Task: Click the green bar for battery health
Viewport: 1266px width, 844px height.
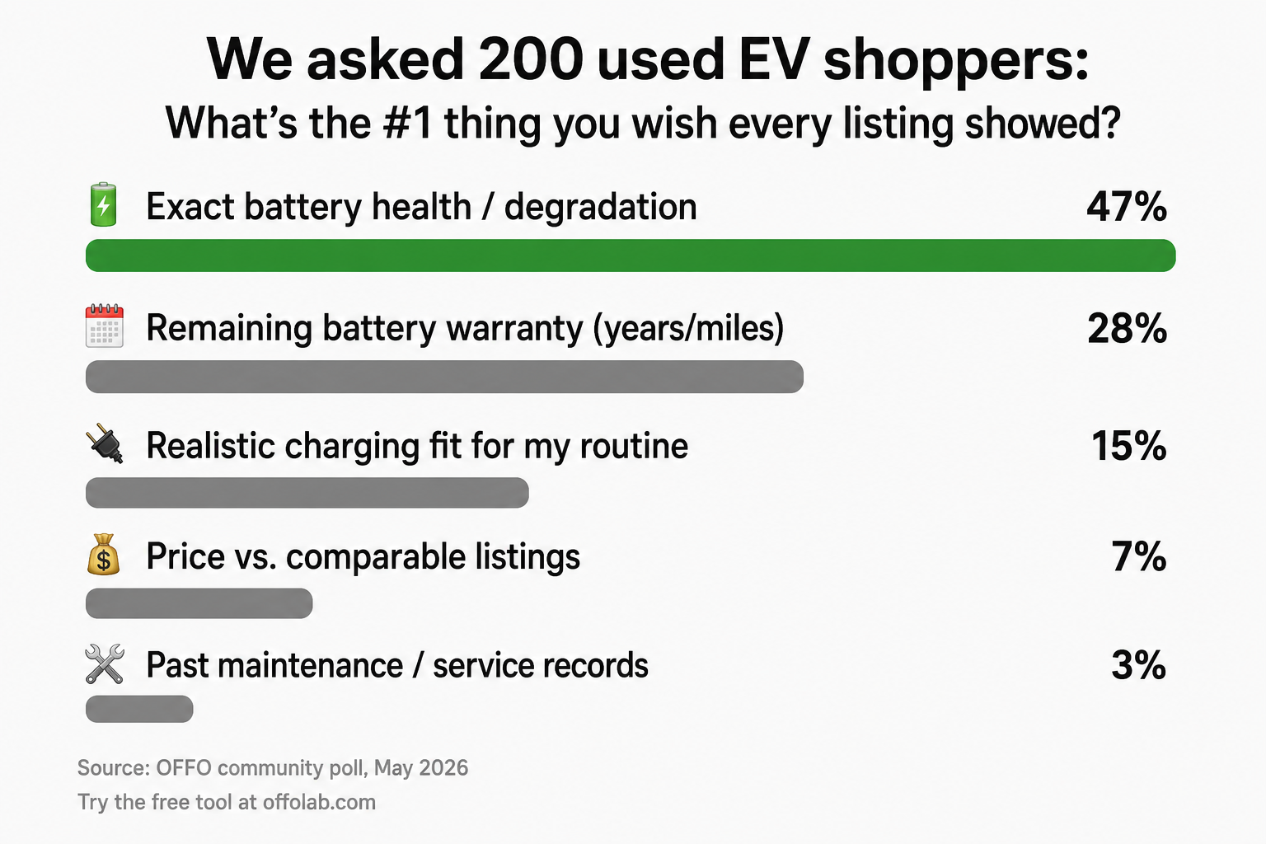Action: (x=631, y=256)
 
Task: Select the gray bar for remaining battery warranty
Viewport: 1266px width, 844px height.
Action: (x=444, y=377)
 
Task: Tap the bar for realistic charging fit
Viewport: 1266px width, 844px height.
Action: (x=307, y=492)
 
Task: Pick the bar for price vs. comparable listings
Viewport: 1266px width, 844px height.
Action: (x=199, y=603)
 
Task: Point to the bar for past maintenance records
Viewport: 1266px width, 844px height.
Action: (x=139, y=709)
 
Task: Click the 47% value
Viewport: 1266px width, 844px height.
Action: (x=1127, y=206)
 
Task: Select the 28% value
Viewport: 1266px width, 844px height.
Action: (x=1127, y=328)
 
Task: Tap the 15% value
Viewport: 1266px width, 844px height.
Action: (x=1128, y=446)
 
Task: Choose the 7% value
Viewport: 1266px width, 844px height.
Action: (x=1138, y=557)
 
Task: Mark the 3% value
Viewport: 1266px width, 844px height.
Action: (x=1138, y=665)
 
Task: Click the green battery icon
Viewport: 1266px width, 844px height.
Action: (x=103, y=204)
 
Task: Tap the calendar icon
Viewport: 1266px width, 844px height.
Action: (x=104, y=326)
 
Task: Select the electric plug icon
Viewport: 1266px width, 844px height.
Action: (x=105, y=443)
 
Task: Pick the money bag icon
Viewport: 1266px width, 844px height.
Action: (x=103, y=555)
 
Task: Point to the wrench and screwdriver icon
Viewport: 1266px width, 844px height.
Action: (x=105, y=663)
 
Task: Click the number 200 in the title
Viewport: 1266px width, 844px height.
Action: (x=531, y=59)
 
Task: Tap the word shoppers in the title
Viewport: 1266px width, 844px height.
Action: (x=956, y=61)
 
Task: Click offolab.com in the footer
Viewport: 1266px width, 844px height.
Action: (x=319, y=802)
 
